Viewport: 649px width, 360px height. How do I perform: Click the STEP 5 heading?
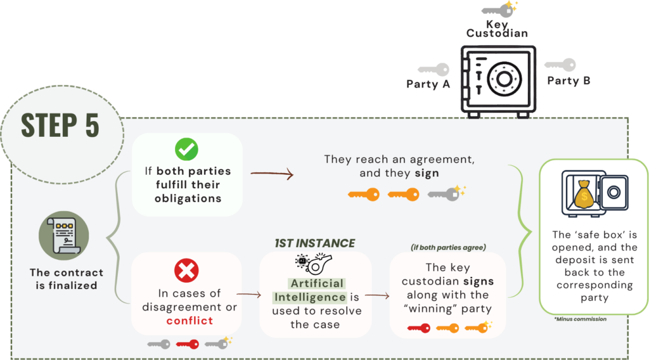tap(60, 125)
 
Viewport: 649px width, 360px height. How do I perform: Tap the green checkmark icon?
tap(186, 150)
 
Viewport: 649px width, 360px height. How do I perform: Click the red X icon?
tap(186, 271)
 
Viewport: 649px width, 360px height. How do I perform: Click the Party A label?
tap(428, 84)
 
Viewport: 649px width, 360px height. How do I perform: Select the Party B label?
tap(569, 80)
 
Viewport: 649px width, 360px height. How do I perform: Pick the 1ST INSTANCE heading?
tap(314, 243)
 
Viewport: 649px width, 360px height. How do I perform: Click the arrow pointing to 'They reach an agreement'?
tap(272, 172)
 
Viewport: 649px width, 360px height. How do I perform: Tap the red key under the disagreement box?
tap(187, 344)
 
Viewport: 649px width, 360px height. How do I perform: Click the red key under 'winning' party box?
tap(418, 328)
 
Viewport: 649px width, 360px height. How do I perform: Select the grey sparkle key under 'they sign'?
tap(446, 193)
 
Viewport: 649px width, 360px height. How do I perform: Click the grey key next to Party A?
tap(434, 69)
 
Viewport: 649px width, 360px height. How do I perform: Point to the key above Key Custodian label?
tap(499, 10)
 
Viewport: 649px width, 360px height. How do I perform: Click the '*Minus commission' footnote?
tap(580, 319)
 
